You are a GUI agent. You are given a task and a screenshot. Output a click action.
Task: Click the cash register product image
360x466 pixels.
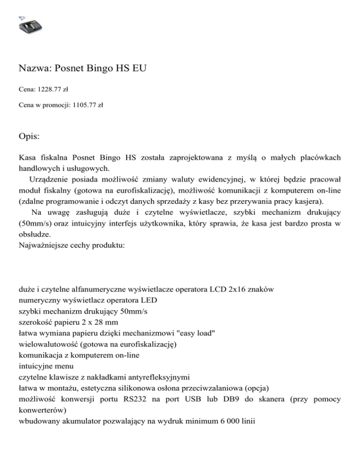click(x=29, y=25)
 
